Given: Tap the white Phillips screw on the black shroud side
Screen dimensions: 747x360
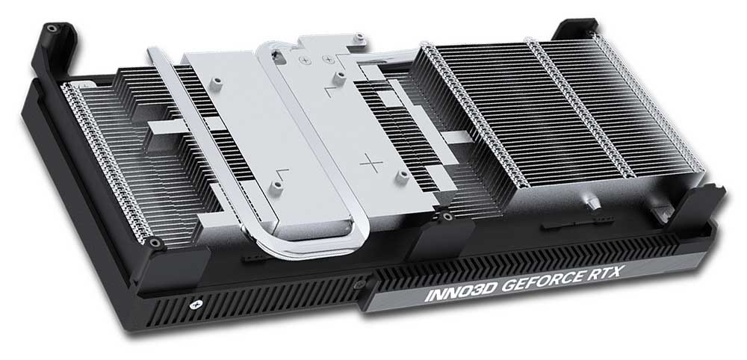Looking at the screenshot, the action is point(194,304).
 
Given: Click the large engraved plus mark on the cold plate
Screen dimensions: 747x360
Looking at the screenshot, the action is point(371,164).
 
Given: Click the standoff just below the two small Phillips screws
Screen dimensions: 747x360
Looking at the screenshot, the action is point(338,78).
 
